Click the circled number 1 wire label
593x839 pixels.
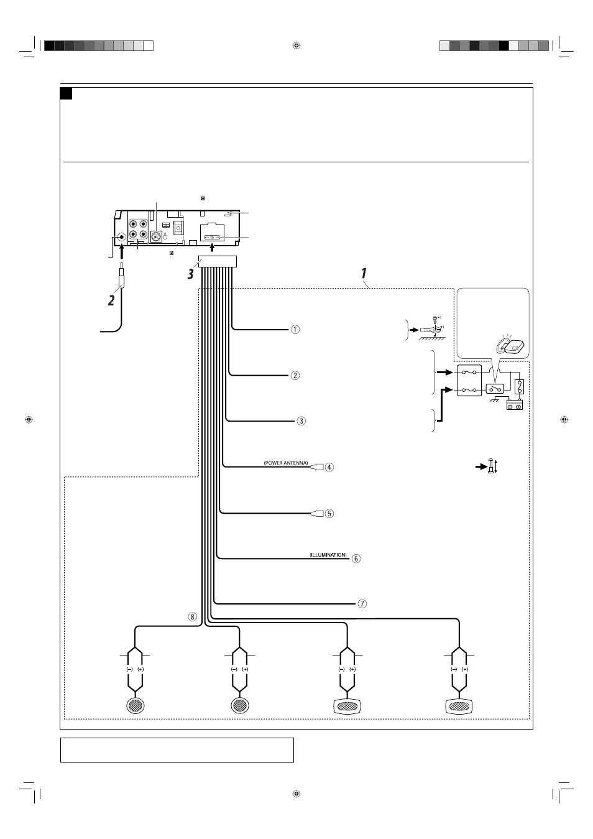[295, 330]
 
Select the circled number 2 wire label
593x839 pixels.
[295, 375]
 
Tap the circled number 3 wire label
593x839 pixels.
[301, 421]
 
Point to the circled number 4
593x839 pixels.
[329, 467]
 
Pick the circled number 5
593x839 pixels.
[329, 514]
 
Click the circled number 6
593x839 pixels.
[356, 559]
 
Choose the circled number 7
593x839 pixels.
[362, 604]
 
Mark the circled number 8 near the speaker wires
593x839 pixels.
[193, 617]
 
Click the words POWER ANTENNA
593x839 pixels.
[286, 463]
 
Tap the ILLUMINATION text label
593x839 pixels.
[328, 555]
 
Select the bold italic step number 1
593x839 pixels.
[364, 273]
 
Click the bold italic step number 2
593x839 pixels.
[111, 300]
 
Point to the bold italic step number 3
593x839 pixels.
[191, 274]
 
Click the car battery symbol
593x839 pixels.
[515, 405]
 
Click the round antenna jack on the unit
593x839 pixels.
[121, 237]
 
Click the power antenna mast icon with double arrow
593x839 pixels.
[491, 466]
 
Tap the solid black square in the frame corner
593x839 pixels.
[67, 94]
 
